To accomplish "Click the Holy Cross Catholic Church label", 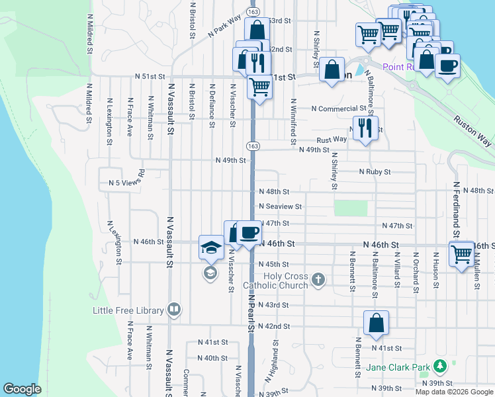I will pyautogui.click(x=276, y=281).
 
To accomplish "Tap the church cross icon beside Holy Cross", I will pyautogui.click(x=318, y=279).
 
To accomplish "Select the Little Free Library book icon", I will pyautogui.click(x=174, y=308).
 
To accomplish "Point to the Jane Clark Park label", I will pyautogui.click(x=394, y=366).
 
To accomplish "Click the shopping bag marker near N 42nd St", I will pyautogui.click(x=376, y=323).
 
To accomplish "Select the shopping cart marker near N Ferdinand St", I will pyautogui.click(x=461, y=253).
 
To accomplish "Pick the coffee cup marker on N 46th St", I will pyautogui.click(x=249, y=232).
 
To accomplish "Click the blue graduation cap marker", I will pyautogui.click(x=211, y=247).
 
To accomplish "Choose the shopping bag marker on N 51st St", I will pyautogui.click(x=332, y=69).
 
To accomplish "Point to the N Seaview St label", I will pyautogui.click(x=280, y=206).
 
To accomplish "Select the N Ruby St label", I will pyautogui.click(x=374, y=171).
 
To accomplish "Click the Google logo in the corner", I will pyautogui.click(x=22, y=389).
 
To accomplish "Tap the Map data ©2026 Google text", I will pyautogui.click(x=455, y=392).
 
